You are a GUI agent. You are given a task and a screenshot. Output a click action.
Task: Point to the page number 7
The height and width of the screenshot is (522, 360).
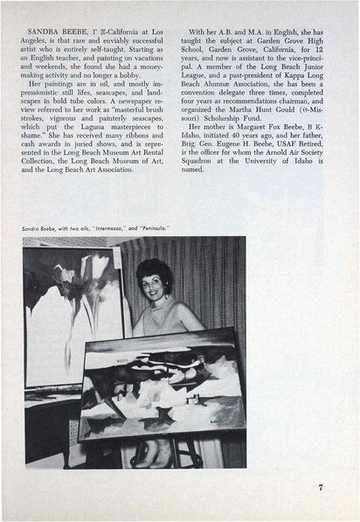coord(321,487)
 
